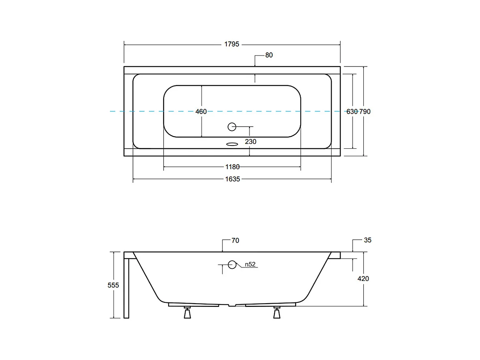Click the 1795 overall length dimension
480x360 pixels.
pos(232,44)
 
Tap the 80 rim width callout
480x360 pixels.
pos(269,55)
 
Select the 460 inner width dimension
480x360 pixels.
pos(201,111)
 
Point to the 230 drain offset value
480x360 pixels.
pos(250,141)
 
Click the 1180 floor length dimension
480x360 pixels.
pos(233,167)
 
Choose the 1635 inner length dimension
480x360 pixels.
pos(233,179)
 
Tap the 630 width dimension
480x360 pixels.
pos(352,111)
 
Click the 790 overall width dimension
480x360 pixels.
pos(365,111)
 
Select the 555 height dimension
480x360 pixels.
pos(113,285)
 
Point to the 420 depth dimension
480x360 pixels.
pos(363,279)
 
